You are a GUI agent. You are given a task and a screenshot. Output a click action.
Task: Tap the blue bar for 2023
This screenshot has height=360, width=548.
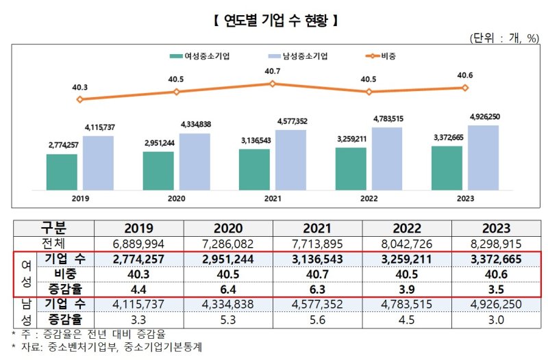coord(483,158)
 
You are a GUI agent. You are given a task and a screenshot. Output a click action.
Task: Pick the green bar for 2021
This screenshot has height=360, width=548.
coord(255,169)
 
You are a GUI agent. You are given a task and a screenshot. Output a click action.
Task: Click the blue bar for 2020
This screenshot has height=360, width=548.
coord(195,162)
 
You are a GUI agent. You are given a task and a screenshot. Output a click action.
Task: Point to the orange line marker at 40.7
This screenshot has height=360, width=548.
coord(272,83)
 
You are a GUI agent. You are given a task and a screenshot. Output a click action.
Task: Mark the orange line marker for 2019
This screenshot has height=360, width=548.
coord(80,99)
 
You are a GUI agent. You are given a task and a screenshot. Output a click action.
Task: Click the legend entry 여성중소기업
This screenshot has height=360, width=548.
coord(203,55)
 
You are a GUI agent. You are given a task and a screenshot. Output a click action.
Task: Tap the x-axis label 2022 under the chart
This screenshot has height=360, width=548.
coord(369,199)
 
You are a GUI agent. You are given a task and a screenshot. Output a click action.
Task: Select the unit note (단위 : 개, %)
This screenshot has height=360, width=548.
coord(504,37)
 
